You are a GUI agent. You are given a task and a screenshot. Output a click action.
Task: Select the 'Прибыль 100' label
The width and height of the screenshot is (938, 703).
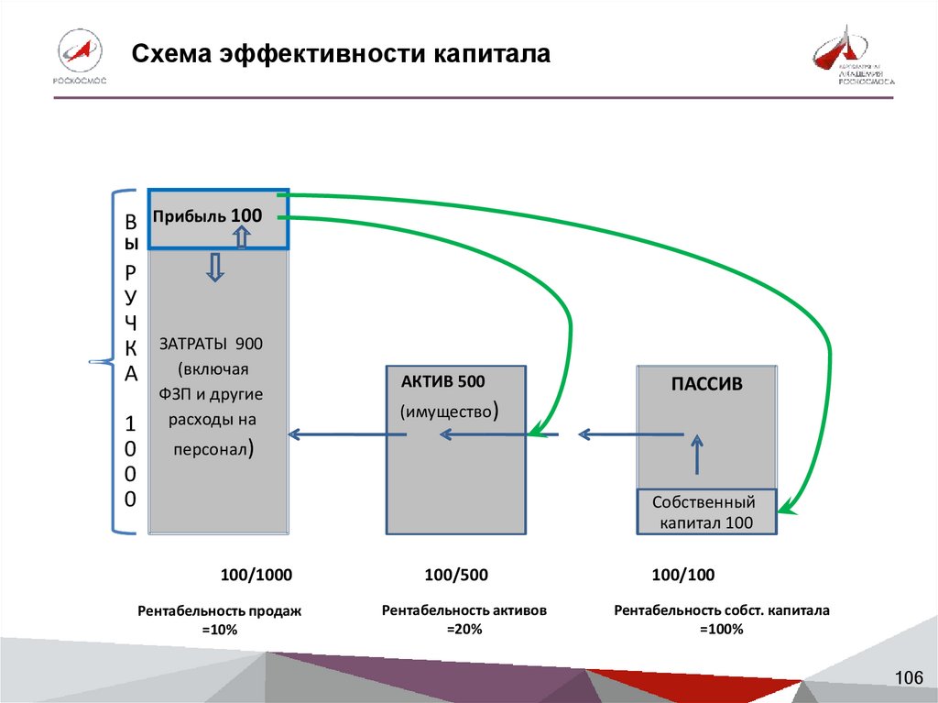(x=208, y=216)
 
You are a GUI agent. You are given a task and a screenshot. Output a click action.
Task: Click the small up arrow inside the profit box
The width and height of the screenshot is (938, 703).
(x=242, y=238)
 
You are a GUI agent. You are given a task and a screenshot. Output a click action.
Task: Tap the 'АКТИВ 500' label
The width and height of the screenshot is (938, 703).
(x=443, y=381)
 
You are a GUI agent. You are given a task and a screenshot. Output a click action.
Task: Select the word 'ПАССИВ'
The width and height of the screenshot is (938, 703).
(x=706, y=385)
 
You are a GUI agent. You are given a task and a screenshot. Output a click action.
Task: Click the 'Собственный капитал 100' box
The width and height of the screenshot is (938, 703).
(x=706, y=512)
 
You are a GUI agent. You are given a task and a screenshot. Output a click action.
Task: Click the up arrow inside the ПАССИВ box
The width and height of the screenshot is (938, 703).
(x=698, y=453)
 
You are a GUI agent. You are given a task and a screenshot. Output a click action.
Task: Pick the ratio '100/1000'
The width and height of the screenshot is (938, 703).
(x=256, y=576)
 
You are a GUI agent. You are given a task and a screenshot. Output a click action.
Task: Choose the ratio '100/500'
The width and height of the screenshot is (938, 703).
(x=456, y=576)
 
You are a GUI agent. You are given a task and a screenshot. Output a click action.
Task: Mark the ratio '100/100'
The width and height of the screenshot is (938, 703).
(x=682, y=576)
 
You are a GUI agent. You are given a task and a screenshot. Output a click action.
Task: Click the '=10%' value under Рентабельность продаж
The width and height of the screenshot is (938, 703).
(x=219, y=631)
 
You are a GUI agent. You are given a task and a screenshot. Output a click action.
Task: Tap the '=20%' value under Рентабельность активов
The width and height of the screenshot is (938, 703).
(x=464, y=629)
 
